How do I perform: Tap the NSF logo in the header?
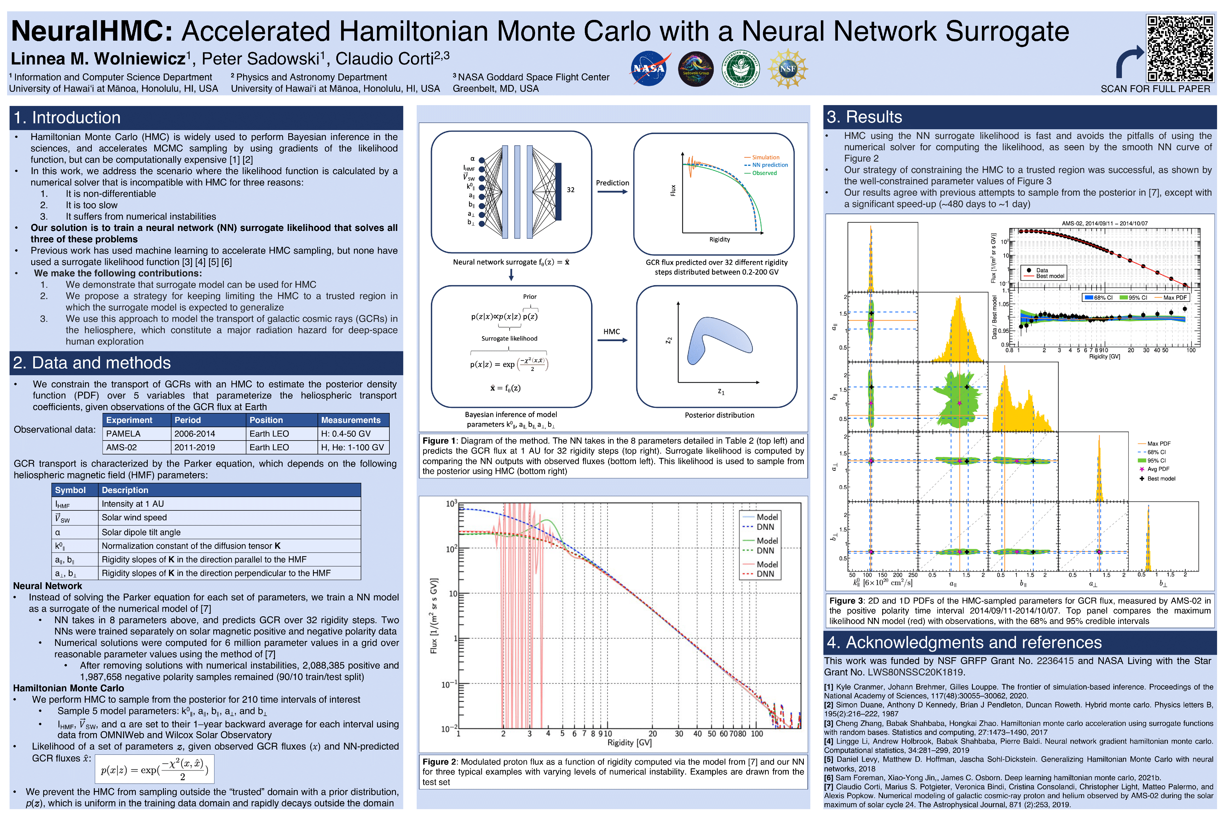pyautogui.click(x=787, y=68)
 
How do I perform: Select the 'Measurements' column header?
pyautogui.click(x=350, y=420)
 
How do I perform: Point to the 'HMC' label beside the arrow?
pyautogui.click(x=612, y=332)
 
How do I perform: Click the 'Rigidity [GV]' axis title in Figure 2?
pyautogui.click(x=629, y=742)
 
